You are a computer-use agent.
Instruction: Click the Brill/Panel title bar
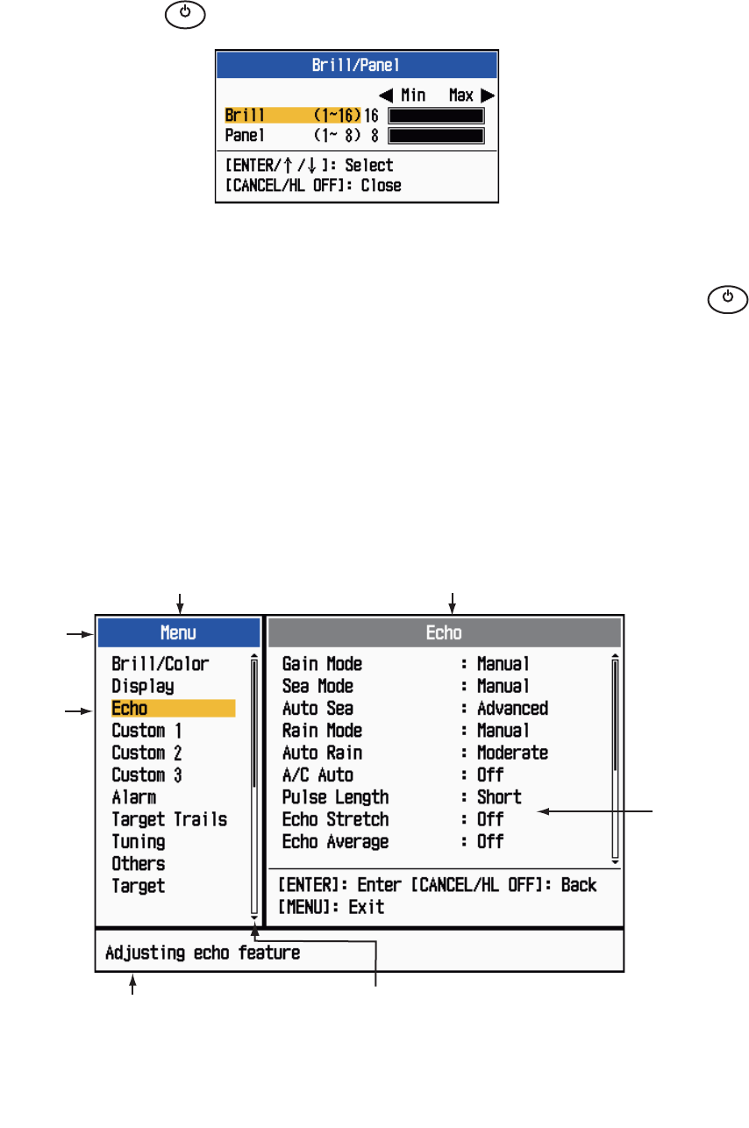tap(357, 64)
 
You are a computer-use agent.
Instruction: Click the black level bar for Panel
tap(436, 135)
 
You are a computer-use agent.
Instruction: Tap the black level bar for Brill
tap(436, 115)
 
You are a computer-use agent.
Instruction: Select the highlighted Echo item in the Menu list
tap(130, 709)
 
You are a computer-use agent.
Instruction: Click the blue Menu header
tap(178, 632)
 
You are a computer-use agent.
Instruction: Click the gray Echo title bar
tap(445, 632)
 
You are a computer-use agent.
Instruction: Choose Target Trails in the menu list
tap(169, 819)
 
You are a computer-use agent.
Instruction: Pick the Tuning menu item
tap(139, 841)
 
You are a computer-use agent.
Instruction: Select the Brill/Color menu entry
tap(160, 664)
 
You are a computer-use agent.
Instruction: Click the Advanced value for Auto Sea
tap(512, 708)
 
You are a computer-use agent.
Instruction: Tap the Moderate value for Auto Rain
tap(512, 753)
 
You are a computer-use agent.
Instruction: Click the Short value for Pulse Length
tap(499, 796)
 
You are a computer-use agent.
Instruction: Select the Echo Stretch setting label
tap(335, 819)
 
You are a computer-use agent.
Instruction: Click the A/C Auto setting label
tap(317, 775)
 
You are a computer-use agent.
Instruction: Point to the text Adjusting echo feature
tap(203, 952)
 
